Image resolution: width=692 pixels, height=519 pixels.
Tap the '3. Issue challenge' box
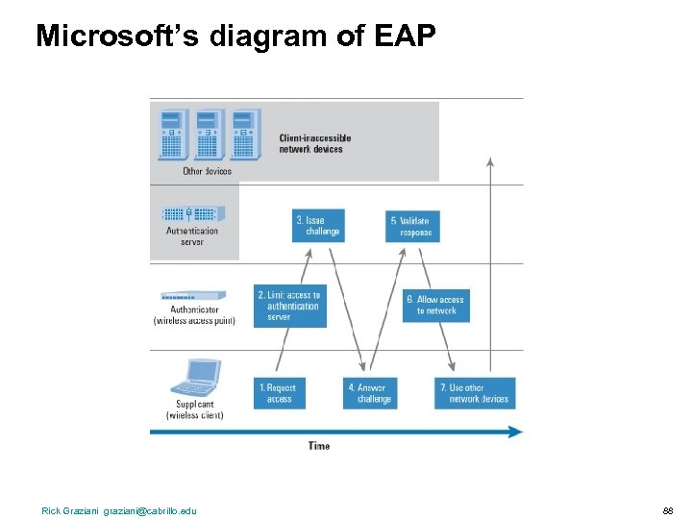click(x=318, y=226)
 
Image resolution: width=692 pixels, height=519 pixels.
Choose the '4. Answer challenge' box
click(x=370, y=393)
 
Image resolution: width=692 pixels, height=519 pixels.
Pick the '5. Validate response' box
click(x=412, y=226)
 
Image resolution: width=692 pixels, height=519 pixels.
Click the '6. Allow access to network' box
click(x=436, y=306)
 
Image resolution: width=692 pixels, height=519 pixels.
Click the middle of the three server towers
click(x=208, y=135)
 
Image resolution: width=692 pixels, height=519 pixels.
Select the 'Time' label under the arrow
click(x=319, y=446)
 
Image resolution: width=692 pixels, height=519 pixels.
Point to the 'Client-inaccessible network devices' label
click(x=315, y=143)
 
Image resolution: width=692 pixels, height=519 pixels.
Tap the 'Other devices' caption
click(x=207, y=172)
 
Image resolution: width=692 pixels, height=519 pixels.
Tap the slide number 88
click(x=668, y=510)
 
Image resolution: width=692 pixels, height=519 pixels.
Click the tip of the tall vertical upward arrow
click(x=490, y=160)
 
